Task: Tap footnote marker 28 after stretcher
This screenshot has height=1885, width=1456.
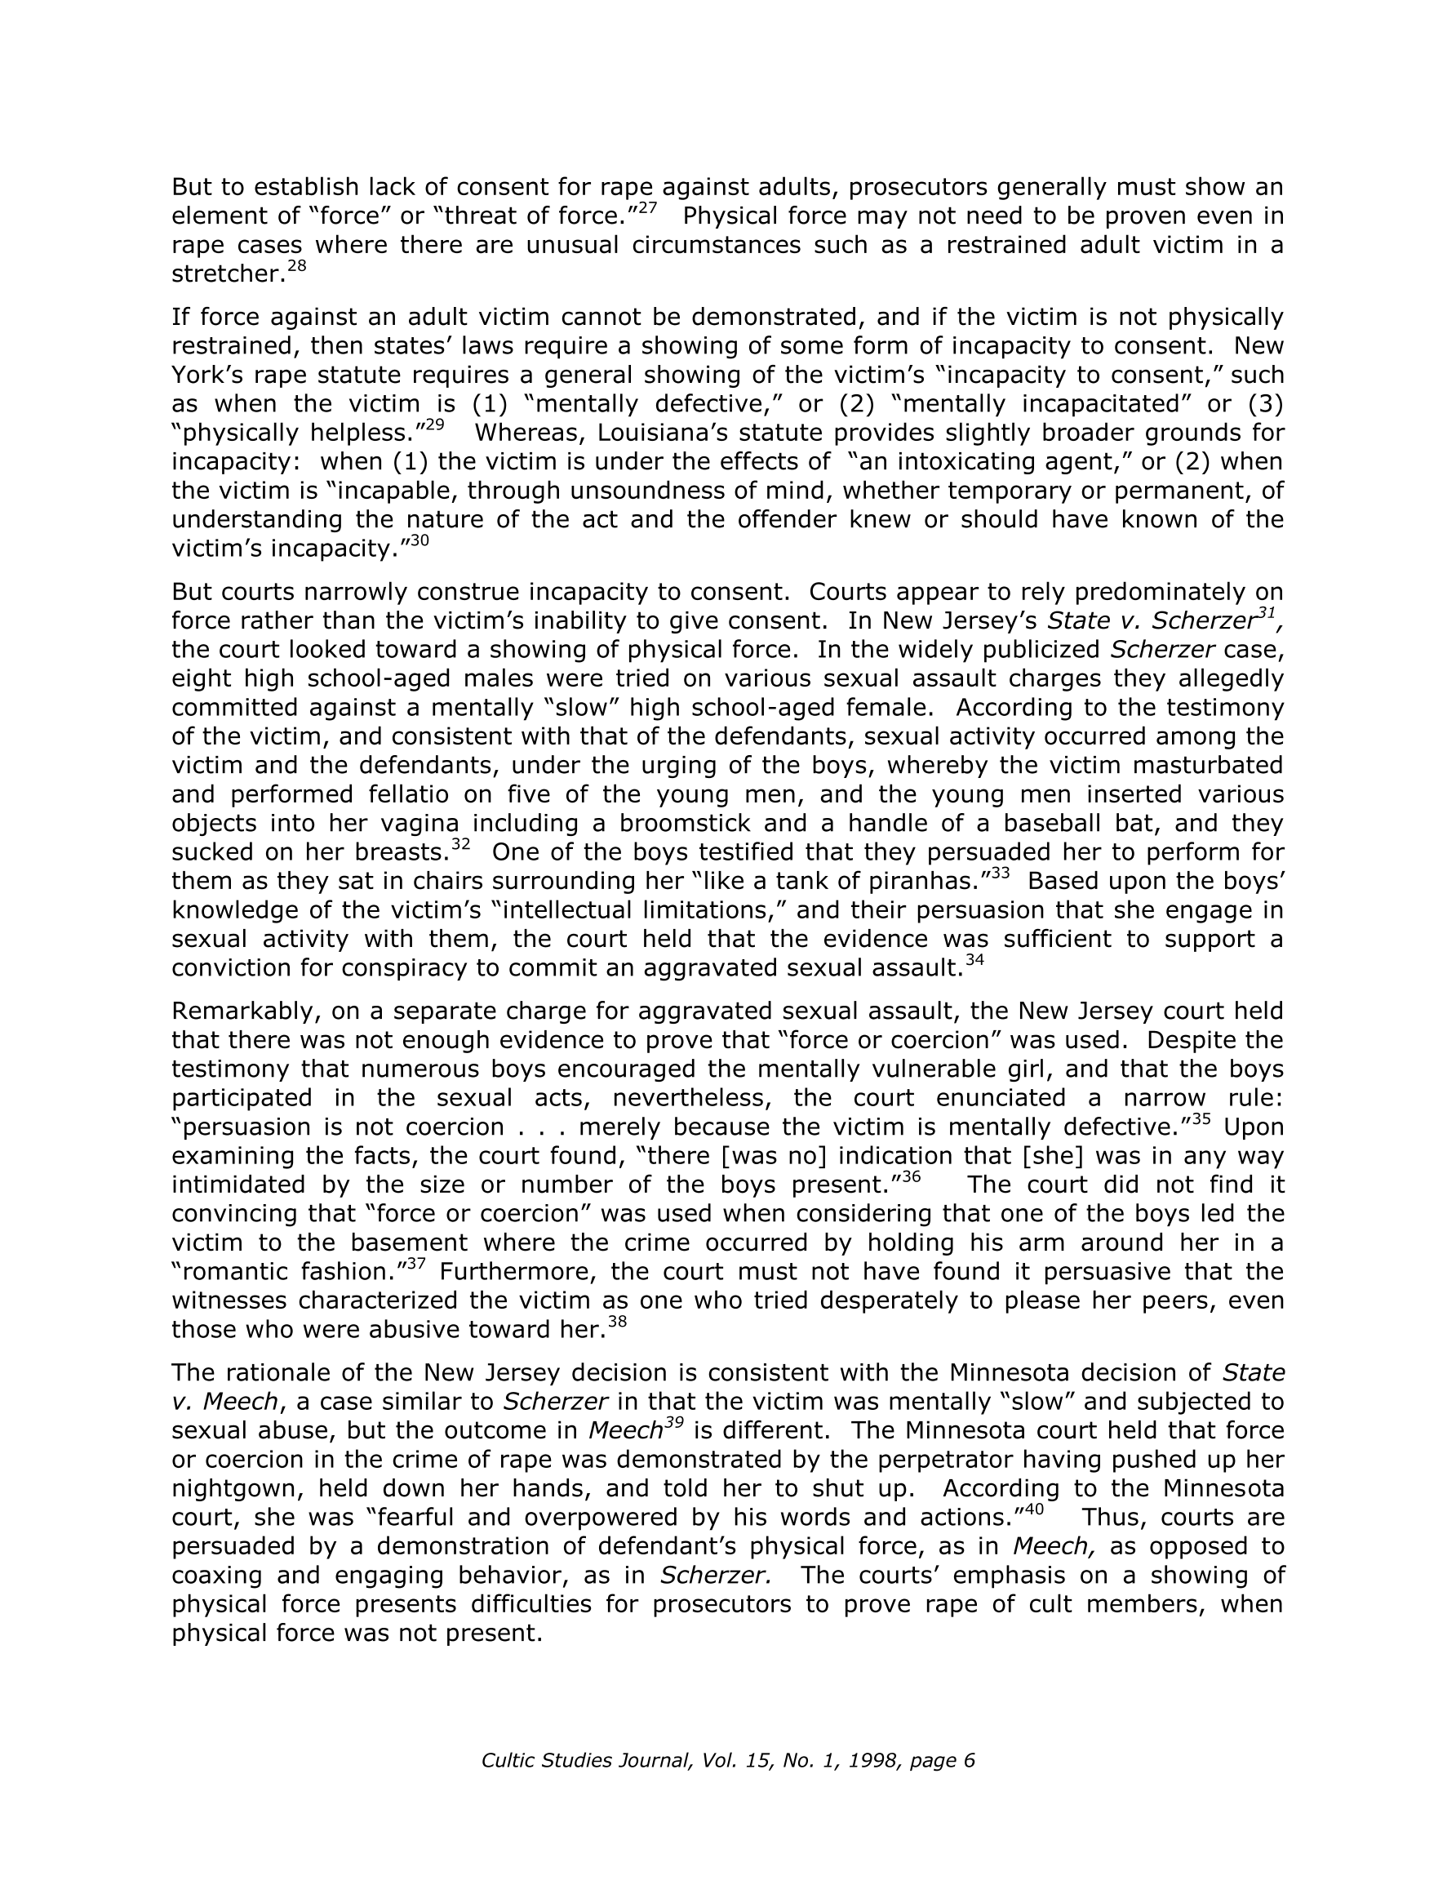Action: point(296,267)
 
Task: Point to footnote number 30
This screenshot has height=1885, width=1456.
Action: point(419,541)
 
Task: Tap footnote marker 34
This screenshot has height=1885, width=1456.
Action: point(974,961)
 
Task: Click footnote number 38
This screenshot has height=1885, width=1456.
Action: point(617,1323)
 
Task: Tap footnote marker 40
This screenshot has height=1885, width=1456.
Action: point(1034,1509)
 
